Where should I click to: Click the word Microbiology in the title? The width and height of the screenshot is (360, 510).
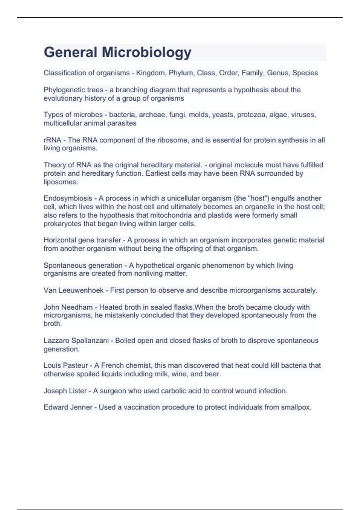146,52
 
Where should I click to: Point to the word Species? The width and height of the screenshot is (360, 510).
305,73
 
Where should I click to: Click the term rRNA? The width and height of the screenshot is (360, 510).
52,140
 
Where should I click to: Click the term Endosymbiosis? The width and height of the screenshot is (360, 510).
68,198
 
